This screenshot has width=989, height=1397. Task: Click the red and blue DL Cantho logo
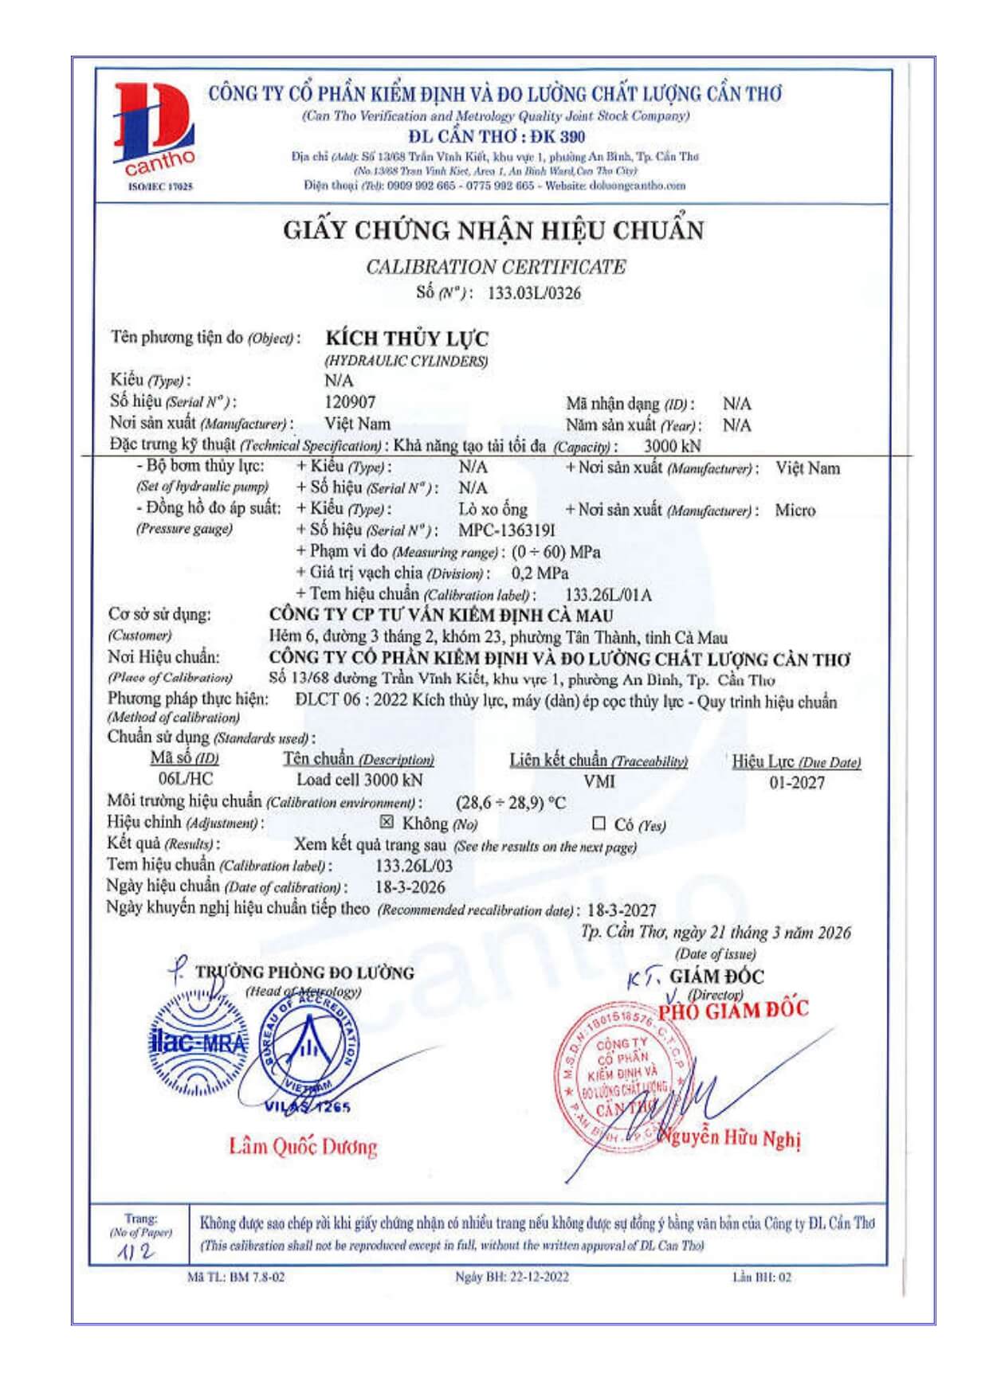[x=155, y=131]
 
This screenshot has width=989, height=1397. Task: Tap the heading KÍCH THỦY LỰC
[x=406, y=338]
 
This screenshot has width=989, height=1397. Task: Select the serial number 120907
[x=350, y=402]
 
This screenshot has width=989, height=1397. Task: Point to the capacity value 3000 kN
[x=672, y=446]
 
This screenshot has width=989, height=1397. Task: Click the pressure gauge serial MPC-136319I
[x=506, y=530]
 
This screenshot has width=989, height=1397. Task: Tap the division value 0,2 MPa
[x=540, y=573]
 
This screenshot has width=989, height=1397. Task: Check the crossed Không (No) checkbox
[x=387, y=822]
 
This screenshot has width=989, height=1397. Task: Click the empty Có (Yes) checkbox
[x=599, y=824]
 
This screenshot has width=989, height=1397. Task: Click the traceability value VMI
[x=599, y=782]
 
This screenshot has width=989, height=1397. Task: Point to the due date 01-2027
[x=796, y=783]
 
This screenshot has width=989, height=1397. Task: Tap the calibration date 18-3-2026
[x=410, y=887]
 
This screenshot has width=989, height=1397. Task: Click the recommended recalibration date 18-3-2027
[x=622, y=910]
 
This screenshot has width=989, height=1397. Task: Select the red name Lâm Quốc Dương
[x=303, y=1147]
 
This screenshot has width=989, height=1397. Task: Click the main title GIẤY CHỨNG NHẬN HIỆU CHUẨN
[x=493, y=231]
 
